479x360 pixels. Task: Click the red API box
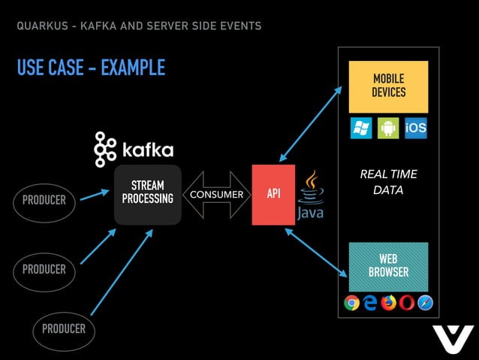click(x=273, y=195)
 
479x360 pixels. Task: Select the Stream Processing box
click(x=148, y=194)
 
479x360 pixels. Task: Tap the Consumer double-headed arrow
click(x=216, y=195)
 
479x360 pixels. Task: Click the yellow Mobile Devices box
click(x=388, y=86)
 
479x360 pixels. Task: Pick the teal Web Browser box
click(x=388, y=266)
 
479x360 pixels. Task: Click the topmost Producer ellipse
click(x=44, y=201)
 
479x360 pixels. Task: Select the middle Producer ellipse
click(x=44, y=269)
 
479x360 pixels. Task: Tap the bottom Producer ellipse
click(x=63, y=329)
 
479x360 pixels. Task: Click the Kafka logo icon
click(x=104, y=149)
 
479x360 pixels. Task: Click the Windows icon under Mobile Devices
click(x=361, y=128)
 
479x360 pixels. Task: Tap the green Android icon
click(x=388, y=128)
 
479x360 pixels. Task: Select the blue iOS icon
click(x=415, y=128)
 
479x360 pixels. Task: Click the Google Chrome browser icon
click(x=351, y=303)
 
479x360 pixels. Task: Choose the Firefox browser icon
click(x=388, y=303)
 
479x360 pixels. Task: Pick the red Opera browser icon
click(x=407, y=303)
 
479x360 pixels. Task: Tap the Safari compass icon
click(x=425, y=303)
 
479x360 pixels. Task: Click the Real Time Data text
click(x=388, y=182)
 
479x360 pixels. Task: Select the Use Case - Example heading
click(x=91, y=68)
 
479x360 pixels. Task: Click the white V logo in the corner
click(x=453, y=339)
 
